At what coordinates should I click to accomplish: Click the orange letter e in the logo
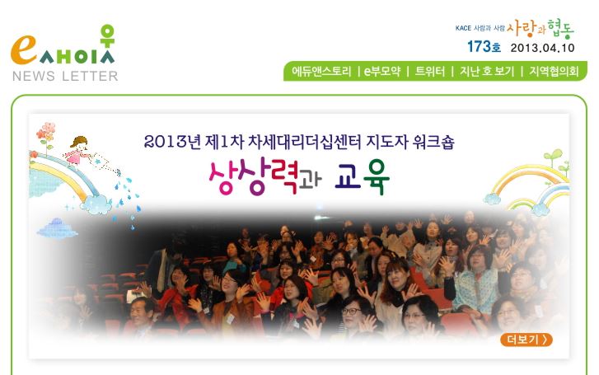pos(24,49)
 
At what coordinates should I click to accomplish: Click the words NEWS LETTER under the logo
pos(65,76)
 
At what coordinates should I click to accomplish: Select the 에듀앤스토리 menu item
pos(321,71)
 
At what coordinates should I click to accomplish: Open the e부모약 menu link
pos(382,71)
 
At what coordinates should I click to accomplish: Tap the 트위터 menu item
pos(430,71)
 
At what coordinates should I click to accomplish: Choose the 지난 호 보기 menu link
pos(487,71)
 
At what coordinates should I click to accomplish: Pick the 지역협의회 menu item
pos(554,71)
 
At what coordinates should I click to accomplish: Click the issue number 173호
pos(484,47)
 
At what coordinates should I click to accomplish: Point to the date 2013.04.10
pos(542,48)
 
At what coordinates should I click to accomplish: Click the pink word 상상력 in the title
pos(253,176)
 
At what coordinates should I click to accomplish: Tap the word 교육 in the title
pos(363,177)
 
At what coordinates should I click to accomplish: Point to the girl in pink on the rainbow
pos(78,150)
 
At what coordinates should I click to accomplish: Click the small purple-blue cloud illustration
pos(57,227)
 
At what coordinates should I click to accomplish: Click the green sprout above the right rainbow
pos(554,157)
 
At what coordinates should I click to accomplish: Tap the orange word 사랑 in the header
pos(522,27)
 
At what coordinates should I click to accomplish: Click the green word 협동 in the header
pos(560,29)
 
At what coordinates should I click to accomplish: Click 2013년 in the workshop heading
pos(172,143)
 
